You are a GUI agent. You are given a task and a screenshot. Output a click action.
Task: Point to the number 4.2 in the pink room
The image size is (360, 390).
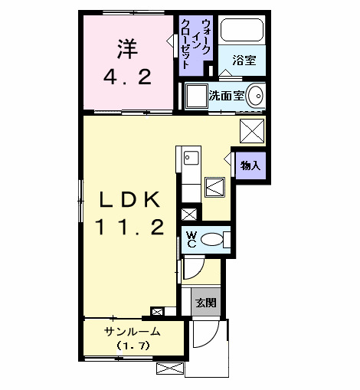(x=127, y=77)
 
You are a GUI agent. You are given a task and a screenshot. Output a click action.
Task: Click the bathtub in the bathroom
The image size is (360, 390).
(x=241, y=32)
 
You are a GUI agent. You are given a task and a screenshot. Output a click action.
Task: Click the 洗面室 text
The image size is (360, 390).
(x=227, y=96)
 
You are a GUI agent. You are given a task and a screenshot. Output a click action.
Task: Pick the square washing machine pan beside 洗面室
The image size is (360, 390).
(x=195, y=96)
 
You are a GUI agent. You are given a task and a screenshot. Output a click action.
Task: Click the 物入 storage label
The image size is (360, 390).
(x=250, y=164)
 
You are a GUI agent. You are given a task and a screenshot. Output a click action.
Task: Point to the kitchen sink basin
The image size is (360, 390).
(x=191, y=159)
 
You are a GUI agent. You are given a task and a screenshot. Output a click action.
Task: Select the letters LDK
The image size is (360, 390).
(x=128, y=200)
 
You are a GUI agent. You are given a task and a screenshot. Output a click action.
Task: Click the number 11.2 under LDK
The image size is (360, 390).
(x=128, y=228)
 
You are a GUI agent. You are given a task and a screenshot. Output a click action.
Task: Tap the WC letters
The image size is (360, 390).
(x=191, y=239)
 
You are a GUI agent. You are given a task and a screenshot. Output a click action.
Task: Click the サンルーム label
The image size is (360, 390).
(x=133, y=332)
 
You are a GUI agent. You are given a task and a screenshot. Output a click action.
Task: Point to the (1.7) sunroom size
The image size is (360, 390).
(x=133, y=346)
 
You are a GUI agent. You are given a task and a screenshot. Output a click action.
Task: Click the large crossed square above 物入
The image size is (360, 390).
(x=252, y=130)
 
